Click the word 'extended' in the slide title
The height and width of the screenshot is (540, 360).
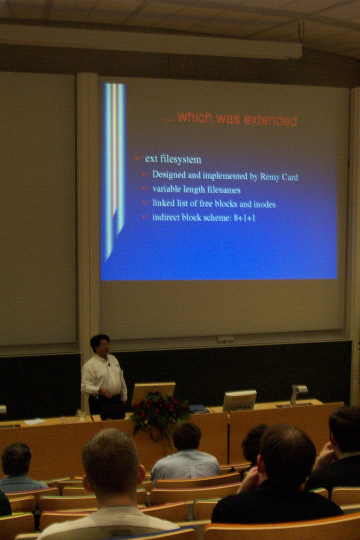pos(270,120)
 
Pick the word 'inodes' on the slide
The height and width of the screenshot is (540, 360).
pos(264,204)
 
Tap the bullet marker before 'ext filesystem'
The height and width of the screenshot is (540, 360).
pos(139,158)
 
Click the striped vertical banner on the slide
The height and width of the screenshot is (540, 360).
pos(114,165)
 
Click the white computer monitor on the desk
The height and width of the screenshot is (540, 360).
pos(239,400)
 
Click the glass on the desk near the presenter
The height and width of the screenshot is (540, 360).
pos(80,415)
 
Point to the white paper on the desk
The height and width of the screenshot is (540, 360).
pos(34,421)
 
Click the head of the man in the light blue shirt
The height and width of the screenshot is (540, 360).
pos(186,436)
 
